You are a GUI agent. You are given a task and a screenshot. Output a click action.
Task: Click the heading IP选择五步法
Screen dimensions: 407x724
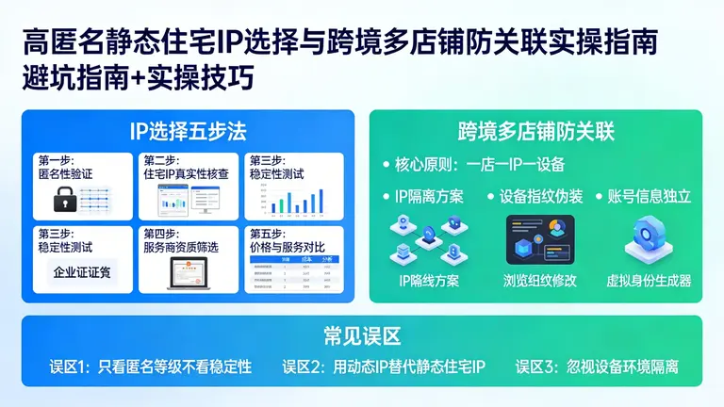[188, 130]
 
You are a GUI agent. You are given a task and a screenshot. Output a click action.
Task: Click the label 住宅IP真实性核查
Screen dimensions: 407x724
[189, 173]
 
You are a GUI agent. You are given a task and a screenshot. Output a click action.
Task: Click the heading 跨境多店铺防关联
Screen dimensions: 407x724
[535, 130]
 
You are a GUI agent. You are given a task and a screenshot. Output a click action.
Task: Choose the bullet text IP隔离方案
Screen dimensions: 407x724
[429, 197]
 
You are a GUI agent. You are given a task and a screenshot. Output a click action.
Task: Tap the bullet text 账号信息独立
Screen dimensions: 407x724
[649, 197]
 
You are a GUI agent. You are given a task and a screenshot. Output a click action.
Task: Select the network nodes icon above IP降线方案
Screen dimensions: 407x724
[429, 240]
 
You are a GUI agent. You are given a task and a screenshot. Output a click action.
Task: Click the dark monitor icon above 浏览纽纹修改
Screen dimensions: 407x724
[539, 239]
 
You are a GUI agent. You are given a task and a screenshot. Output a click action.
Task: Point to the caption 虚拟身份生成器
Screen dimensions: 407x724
[649, 280]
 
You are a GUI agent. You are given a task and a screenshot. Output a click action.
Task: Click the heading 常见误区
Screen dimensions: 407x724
[361, 335]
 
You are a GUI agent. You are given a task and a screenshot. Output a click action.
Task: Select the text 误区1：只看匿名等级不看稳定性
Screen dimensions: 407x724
[151, 366]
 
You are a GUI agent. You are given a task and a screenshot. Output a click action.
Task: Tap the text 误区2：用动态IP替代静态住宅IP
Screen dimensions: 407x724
[383, 366]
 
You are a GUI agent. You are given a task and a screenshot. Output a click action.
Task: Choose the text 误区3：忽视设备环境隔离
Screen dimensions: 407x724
[597, 366]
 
